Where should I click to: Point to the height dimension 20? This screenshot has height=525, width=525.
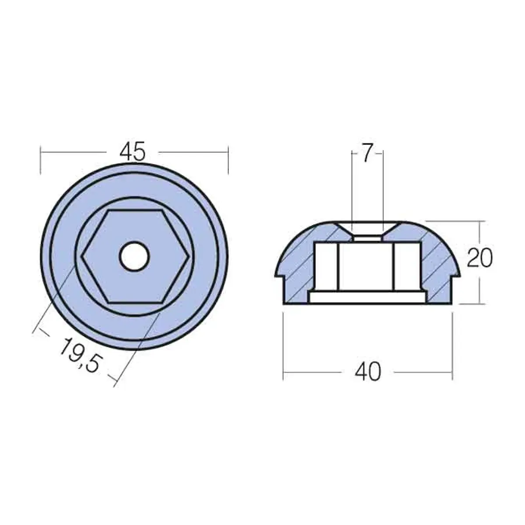(x=479, y=259)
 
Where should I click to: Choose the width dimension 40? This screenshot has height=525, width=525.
(x=368, y=372)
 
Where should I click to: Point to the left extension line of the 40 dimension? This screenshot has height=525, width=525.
(x=283, y=341)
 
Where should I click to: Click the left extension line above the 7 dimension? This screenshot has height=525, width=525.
(x=353, y=183)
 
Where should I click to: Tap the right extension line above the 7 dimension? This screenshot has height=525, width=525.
(x=383, y=183)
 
